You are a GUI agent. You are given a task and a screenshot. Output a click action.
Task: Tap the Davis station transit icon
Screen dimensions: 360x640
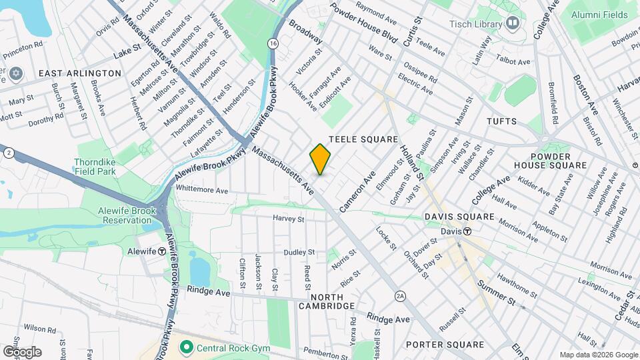click(468, 231)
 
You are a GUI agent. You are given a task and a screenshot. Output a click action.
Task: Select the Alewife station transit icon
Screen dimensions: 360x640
click(161, 251)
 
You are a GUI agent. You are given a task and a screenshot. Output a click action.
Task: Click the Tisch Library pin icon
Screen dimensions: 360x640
click(512, 24)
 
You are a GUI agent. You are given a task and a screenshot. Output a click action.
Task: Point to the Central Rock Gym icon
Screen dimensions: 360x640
click(187, 347)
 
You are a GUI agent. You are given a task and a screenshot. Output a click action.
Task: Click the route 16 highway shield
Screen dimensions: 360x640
click(273, 43)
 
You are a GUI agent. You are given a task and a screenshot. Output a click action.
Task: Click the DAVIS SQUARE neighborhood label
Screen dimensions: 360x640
click(460, 217)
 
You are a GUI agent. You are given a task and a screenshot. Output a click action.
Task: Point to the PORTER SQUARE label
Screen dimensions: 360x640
click(445, 345)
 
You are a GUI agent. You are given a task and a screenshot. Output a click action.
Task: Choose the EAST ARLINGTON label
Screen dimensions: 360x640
click(80, 73)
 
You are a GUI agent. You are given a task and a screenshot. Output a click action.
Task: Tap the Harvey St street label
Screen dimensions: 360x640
click(288, 219)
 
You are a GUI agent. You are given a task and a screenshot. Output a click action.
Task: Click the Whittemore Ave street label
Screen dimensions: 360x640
click(202, 190)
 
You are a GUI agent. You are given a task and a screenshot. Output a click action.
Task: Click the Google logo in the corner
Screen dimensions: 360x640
click(22, 351)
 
